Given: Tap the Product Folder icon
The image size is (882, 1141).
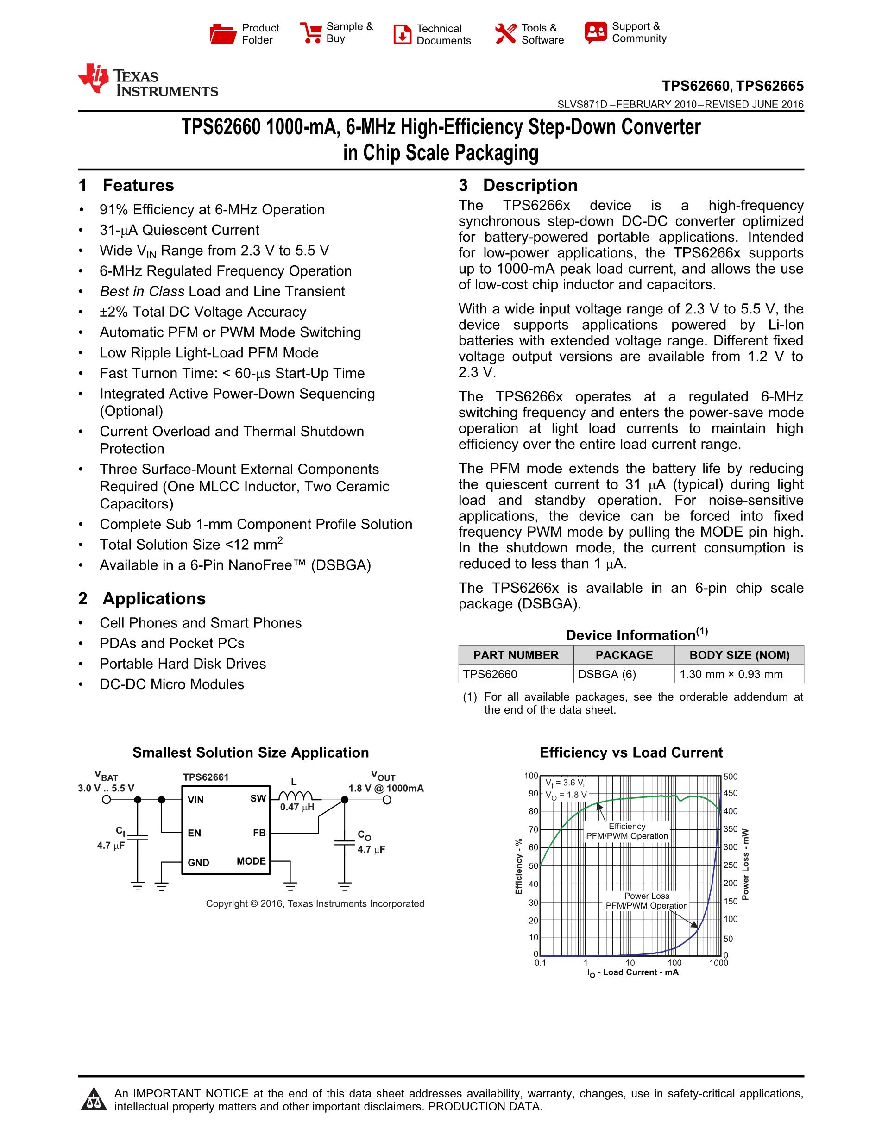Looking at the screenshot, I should tap(223, 34).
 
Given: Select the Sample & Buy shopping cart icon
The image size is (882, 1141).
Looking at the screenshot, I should tap(311, 32).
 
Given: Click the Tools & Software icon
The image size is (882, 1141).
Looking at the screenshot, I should tap(505, 34).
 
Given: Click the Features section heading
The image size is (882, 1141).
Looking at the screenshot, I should tap(138, 186).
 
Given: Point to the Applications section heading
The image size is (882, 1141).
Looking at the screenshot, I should tap(154, 599).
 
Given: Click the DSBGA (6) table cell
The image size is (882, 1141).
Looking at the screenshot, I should tap(607, 674).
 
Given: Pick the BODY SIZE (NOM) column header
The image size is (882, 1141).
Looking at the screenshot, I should tap(739, 655).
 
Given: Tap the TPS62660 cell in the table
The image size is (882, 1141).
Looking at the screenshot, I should tap(490, 674).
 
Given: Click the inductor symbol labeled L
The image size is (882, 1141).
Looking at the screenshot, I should tap(295, 796).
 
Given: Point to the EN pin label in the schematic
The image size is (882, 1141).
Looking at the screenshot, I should tap(195, 833).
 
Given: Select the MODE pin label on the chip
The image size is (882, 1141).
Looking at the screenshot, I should tap(251, 861).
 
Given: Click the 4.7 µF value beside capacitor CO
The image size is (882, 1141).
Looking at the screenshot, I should tap(371, 849).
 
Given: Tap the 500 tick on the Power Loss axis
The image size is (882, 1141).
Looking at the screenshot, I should tap(731, 777).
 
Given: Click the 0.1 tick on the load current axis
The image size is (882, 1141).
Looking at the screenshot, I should tap(540, 963).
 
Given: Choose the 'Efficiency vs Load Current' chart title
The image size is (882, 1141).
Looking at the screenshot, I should tap(630, 752).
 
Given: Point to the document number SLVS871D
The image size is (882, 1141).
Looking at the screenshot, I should tap(582, 105).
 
